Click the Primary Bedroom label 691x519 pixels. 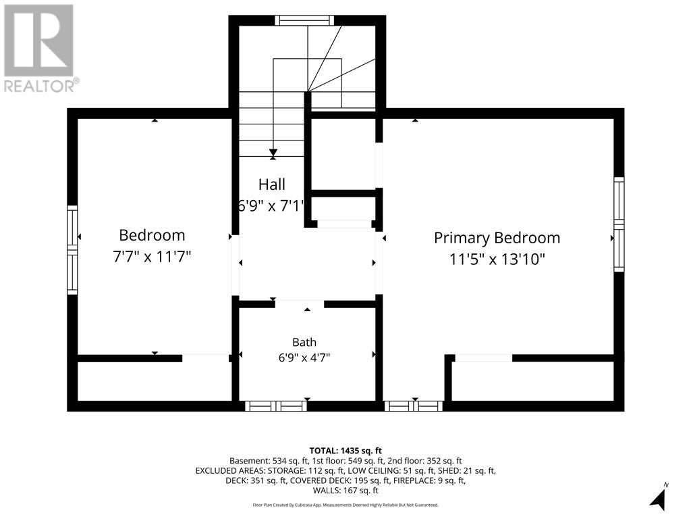tap(497, 238)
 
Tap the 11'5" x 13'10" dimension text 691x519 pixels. tap(497, 259)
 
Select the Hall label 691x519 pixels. tap(272, 184)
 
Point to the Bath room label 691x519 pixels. tap(304, 342)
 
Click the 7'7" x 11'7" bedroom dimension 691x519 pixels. tap(152, 256)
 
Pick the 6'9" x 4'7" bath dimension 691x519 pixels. tap(304, 357)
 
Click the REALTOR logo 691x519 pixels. tap(40, 48)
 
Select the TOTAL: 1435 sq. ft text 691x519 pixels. tap(345, 451)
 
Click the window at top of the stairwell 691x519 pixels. tap(304, 20)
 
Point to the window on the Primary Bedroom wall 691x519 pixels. tap(619, 224)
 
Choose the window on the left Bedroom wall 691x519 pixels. tap(72, 250)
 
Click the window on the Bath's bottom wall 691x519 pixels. tap(276, 406)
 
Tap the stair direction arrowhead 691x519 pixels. tap(273, 152)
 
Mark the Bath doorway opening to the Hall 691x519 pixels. tap(300, 305)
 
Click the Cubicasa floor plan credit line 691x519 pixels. tap(345, 505)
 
